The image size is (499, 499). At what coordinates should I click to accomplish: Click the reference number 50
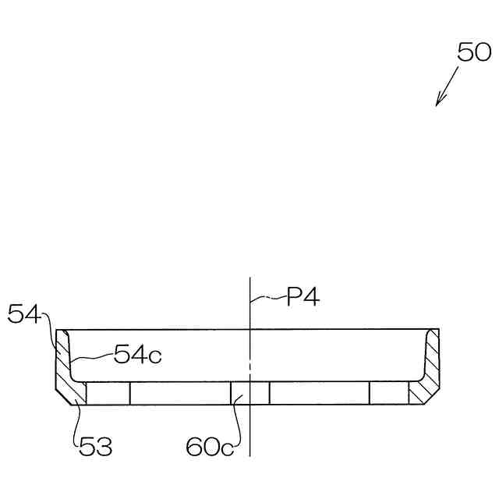pyautogui.click(x=474, y=52)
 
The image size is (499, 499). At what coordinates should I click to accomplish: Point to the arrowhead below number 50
pyautogui.click(x=440, y=100)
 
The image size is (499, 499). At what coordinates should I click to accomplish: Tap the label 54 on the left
pyautogui.click(x=24, y=313)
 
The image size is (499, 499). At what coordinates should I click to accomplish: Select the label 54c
pyautogui.click(x=138, y=354)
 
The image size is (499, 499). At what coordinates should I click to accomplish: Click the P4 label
pyautogui.click(x=303, y=296)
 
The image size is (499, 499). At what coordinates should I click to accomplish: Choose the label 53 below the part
pyautogui.click(x=95, y=446)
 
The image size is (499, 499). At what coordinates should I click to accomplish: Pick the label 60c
pyautogui.click(x=210, y=447)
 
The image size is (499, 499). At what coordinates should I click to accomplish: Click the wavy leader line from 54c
pyautogui.click(x=92, y=357)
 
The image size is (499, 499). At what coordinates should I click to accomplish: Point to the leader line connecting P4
pyautogui.click(x=268, y=299)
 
